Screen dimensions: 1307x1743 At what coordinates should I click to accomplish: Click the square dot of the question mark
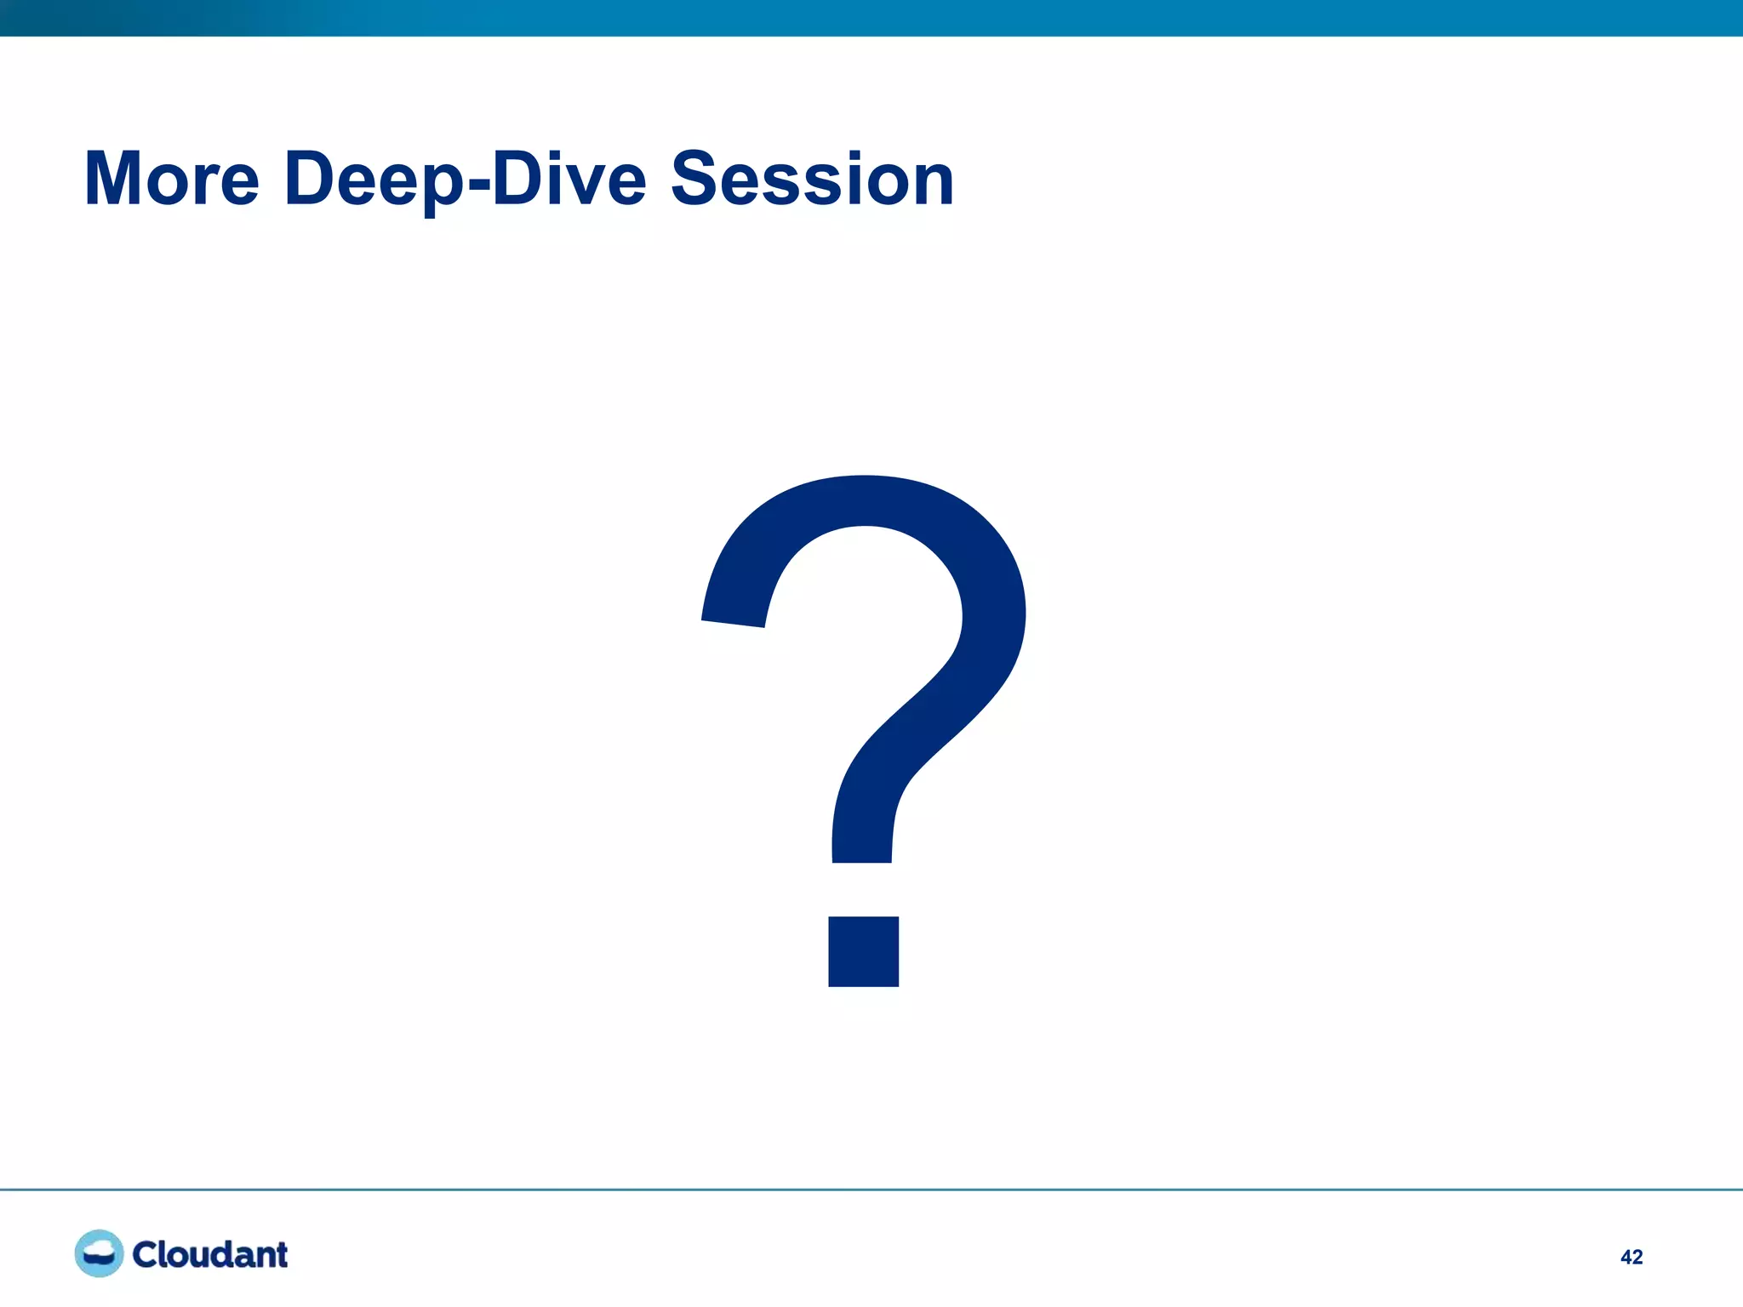pos(863,951)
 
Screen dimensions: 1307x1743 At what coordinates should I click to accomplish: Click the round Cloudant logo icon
pos(99,1253)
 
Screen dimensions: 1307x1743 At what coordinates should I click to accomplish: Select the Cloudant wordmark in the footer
pos(209,1254)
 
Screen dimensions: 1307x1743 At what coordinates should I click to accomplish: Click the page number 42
pos(1631,1257)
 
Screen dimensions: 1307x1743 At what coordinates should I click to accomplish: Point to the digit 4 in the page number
pos(1626,1257)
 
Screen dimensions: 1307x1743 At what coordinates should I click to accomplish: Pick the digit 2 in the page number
pos(1637,1257)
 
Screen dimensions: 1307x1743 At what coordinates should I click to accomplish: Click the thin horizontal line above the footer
pos(871,1189)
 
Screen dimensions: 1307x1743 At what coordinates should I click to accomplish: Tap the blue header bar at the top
pos(871,17)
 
